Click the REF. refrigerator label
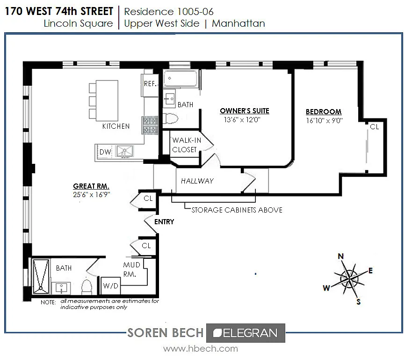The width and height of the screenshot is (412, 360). [x=150, y=84]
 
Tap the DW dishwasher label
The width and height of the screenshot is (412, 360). [x=105, y=152]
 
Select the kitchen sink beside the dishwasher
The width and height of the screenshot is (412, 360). [x=125, y=152]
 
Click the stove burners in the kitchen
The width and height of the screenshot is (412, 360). [x=150, y=125]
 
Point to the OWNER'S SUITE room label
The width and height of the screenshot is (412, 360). [x=245, y=110]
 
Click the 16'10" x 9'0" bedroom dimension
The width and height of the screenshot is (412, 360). [x=324, y=120]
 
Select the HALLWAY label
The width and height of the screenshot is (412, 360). [x=197, y=181]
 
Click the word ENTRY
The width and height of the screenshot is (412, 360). [x=164, y=222]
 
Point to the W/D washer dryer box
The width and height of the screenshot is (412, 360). [x=111, y=286]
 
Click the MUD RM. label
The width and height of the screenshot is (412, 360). [x=131, y=270]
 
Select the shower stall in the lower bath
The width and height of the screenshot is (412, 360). [x=41, y=276]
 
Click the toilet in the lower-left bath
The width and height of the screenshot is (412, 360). [x=87, y=287]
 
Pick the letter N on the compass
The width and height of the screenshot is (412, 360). [x=340, y=256]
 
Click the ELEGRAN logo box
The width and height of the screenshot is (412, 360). [x=246, y=333]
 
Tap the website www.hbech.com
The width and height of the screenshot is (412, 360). [x=201, y=349]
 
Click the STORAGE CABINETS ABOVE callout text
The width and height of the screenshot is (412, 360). [x=237, y=210]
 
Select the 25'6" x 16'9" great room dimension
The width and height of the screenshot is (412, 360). [x=92, y=195]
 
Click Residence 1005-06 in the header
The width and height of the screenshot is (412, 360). [x=169, y=12]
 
